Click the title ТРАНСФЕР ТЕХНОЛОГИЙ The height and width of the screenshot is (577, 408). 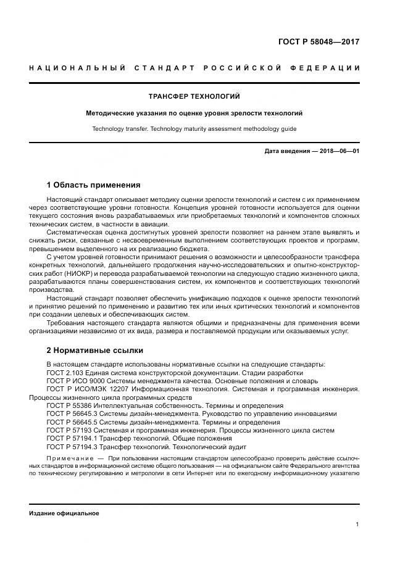pyautogui.click(x=194, y=97)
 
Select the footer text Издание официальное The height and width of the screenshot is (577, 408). pyautogui.click(x=64, y=513)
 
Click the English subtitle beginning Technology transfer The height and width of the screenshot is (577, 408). pyautogui.click(x=194, y=129)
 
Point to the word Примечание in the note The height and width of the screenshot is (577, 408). pyautogui.click(x=69, y=459)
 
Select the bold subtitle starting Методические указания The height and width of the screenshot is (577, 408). pyautogui.click(x=194, y=114)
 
